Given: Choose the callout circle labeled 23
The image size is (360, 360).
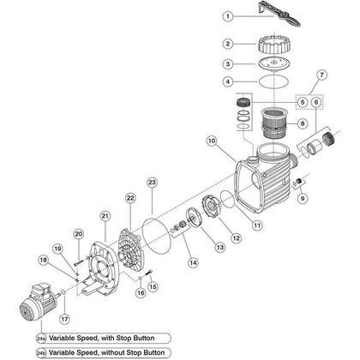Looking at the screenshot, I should [151, 183].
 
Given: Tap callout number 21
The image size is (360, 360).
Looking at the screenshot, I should [105, 216].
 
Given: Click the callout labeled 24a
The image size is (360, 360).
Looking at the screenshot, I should [40, 338].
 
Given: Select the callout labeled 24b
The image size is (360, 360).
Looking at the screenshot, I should [40, 352].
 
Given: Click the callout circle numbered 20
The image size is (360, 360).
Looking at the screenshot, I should [77, 234].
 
